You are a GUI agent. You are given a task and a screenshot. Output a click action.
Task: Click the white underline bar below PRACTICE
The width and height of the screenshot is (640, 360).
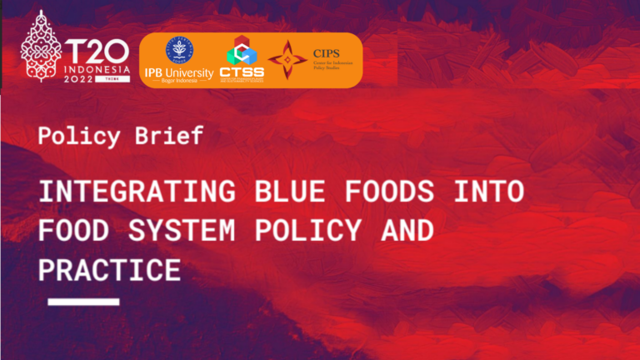(x=83, y=302)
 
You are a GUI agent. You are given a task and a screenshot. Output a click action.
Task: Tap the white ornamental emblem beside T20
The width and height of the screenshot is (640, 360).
(x=41, y=48)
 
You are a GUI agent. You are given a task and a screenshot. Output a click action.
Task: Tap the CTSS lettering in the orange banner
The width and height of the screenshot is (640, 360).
(x=242, y=72)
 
